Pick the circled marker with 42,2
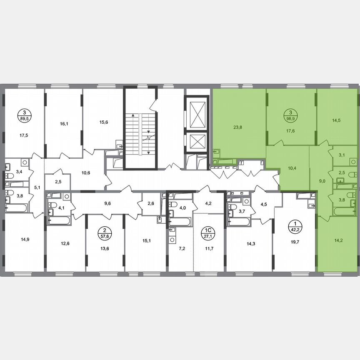pyautogui.click(x=294, y=227)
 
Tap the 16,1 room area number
pyautogui.click(x=64, y=124)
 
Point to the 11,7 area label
pyautogui.click(x=207, y=249)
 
